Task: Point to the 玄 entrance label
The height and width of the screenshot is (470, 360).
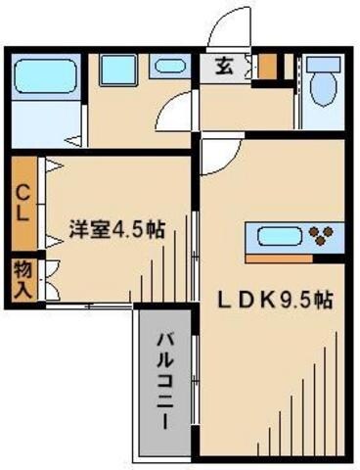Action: tap(224, 69)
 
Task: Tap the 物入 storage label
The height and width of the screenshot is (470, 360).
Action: tap(21, 278)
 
